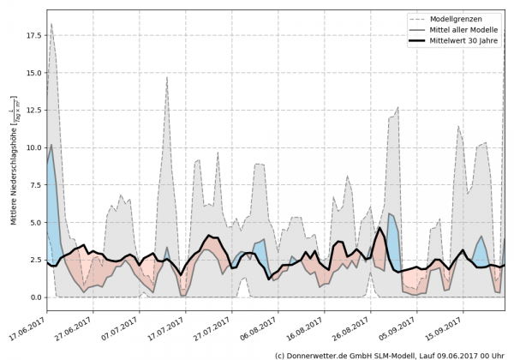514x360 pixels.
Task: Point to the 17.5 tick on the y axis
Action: [x=32, y=36]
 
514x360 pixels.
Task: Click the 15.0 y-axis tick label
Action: [x=32, y=73]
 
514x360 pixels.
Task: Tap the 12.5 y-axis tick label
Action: [x=32, y=111]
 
